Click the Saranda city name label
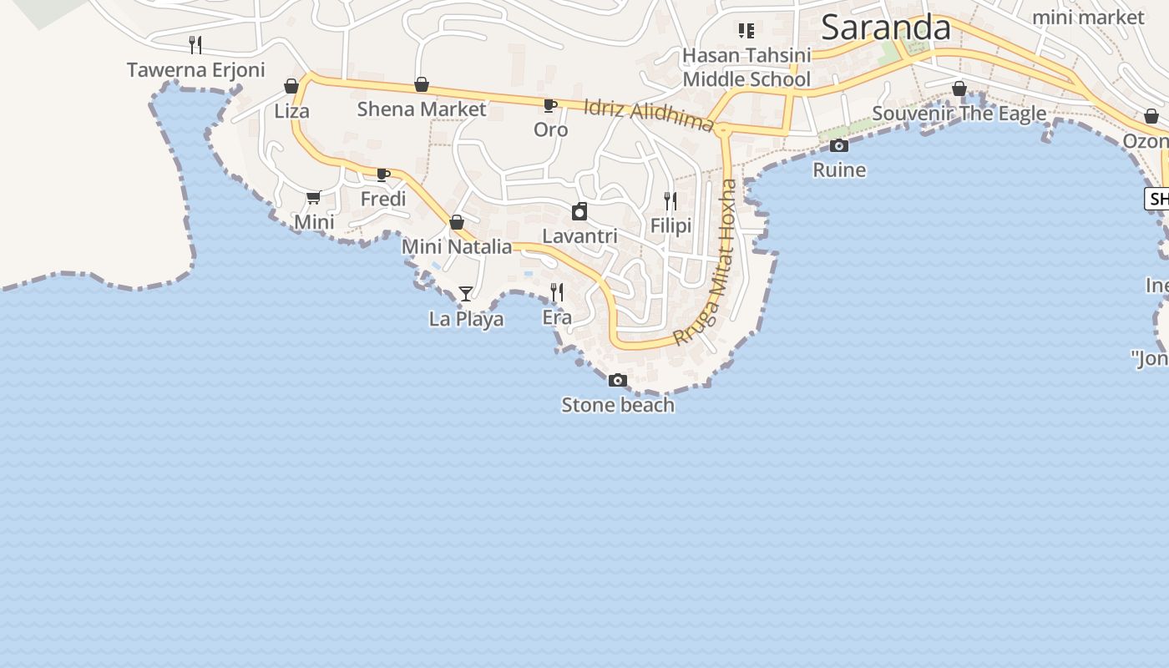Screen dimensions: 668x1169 [885, 28]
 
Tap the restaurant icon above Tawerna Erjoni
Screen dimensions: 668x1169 [195, 44]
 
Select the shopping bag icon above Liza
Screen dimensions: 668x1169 [291, 86]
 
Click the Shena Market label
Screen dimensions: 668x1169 [422, 109]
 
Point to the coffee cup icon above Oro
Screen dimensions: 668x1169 [549, 105]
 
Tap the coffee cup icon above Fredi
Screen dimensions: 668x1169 [383, 175]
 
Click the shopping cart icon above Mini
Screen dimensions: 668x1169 [313, 197]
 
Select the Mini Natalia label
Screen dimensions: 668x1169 [457, 246]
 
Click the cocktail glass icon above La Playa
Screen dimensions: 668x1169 [466, 294]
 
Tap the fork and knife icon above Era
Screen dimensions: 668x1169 [557, 292]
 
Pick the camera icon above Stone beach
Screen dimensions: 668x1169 [617, 381]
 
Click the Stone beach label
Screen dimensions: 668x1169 [617, 405]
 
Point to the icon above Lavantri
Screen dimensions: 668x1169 [579, 211]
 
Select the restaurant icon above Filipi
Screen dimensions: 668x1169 [671, 201]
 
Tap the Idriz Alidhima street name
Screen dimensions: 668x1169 [649, 115]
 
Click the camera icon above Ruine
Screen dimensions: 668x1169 [839, 146]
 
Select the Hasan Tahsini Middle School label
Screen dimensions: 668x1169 [746, 68]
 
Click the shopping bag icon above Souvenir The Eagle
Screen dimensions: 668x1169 [959, 89]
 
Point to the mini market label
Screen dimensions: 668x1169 [1088, 17]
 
